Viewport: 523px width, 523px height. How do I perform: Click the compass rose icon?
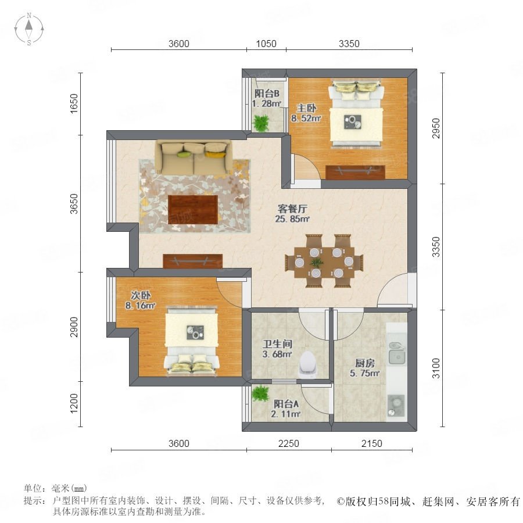click(x=29, y=29)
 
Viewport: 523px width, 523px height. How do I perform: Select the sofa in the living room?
click(x=194, y=157)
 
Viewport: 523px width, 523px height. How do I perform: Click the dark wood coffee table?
click(x=193, y=209)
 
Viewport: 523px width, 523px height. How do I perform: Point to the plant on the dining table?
click(x=316, y=262)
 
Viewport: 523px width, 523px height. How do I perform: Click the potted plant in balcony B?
click(x=261, y=123)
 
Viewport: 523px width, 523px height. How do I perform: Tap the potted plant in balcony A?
click(x=260, y=393)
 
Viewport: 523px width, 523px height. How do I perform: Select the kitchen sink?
click(x=397, y=353)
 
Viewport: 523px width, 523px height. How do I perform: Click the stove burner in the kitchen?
click(x=396, y=405)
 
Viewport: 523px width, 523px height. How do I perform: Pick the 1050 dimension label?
click(x=266, y=44)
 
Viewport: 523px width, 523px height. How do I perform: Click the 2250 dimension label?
click(x=288, y=443)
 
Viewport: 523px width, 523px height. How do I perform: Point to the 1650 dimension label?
click(x=74, y=103)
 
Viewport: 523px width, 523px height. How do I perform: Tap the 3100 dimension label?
click(x=436, y=368)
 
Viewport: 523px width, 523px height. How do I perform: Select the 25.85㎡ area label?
click(x=292, y=219)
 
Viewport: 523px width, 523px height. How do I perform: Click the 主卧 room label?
click(x=306, y=108)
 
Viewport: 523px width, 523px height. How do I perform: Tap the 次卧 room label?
click(x=141, y=295)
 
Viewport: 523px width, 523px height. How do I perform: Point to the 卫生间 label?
click(x=277, y=344)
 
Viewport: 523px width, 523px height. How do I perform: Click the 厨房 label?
click(x=364, y=363)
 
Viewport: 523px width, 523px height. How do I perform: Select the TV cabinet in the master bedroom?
click(x=355, y=172)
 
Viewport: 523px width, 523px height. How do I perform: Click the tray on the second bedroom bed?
click(x=195, y=332)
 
